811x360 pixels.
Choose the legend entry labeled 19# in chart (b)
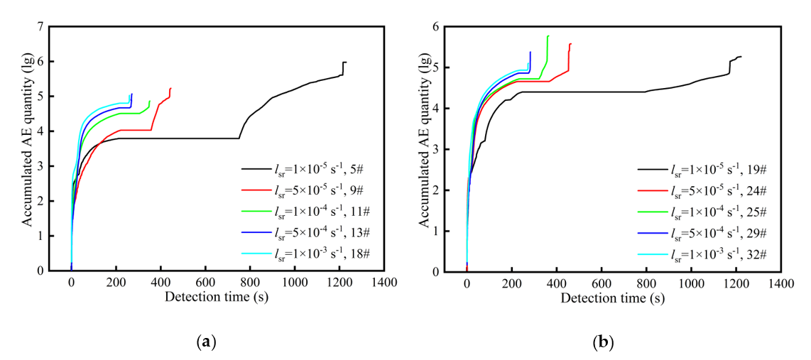click(x=710, y=170)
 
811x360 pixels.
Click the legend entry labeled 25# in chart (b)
click(x=710, y=212)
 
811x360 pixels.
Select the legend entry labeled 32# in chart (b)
click(x=710, y=253)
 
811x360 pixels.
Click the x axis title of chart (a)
click(x=217, y=297)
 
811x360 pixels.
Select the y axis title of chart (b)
click(x=425, y=149)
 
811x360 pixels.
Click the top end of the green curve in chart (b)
click(x=548, y=36)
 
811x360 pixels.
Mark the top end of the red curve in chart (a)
click(x=170, y=88)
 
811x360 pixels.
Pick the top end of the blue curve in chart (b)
click(x=530, y=52)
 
